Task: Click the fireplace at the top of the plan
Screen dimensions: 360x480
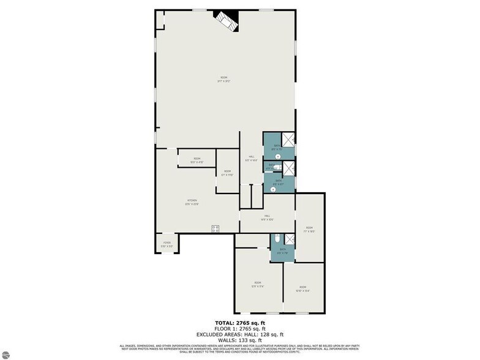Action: coord(226,22)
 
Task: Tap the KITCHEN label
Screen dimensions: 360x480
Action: coord(192,202)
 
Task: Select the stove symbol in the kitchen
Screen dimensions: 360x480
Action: coord(216,229)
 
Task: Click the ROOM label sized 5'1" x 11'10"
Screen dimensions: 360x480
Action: coord(227,173)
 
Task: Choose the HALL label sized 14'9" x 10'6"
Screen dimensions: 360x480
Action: coord(268,217)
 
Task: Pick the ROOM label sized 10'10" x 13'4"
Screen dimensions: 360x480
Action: coord(302,288)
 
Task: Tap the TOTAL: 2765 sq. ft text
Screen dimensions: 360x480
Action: coord(239,323)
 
